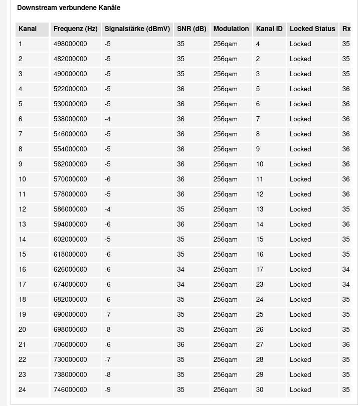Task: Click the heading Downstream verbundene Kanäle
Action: [x=69, y=8]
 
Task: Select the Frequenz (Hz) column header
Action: [x=75, y=29]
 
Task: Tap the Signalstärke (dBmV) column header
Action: [x=137, y=29]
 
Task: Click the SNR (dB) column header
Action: [x=192, y=29]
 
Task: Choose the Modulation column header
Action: [x=231, y=29]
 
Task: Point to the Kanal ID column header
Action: [x=269, y=29]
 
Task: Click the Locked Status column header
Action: [x=312, y=29]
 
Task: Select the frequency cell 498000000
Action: [x=70, y=44]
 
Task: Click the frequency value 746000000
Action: [x=70, y=390]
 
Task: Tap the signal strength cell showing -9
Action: [x=108, y=390]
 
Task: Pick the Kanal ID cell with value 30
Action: [x=260, y=390]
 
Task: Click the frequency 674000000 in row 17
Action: [x=70, y=285]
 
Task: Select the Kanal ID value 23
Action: [x=260, y=285]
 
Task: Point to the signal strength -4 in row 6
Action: [x=108, y=119]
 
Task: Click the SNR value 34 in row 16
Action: [x=181, y=270]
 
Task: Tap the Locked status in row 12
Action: [x=300, y=210]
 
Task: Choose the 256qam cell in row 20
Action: [x=225, y=330]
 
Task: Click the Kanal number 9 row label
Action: [x=21, y=164]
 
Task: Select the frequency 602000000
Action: [x=70, y=240]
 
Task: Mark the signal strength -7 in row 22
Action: [x=108, y=360]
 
